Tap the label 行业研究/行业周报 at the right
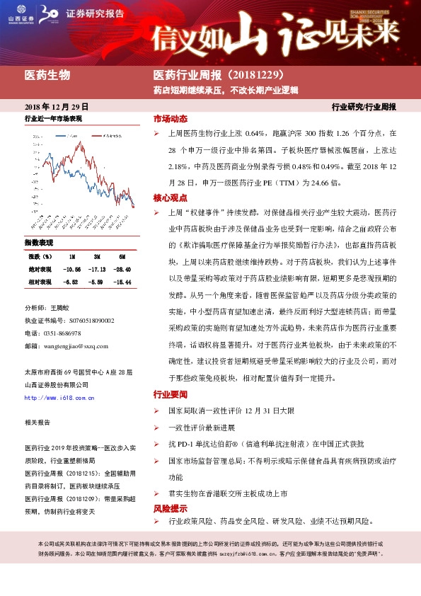364,107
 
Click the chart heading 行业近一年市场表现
54,118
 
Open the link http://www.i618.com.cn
59,398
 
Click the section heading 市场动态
170,118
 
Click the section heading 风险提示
170,508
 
